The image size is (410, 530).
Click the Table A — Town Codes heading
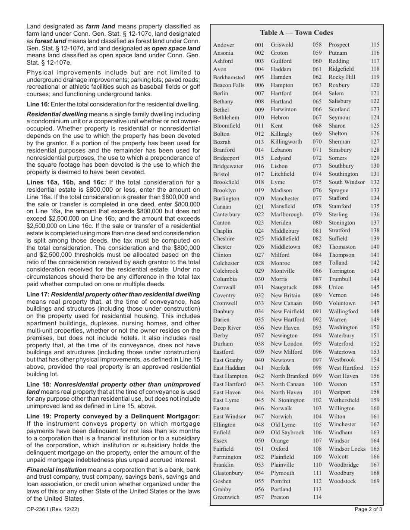pos(296,33)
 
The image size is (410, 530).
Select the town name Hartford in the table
pos(281,94)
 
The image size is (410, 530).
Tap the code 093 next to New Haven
pos(317,328)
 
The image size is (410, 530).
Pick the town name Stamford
pos(340,206)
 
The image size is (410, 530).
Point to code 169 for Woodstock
pos(375,481)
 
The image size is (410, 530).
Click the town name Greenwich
pos(226,497)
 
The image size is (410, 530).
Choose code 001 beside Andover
pos(259,45)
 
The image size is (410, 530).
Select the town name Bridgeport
pos(226,158)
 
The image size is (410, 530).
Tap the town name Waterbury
pos(341,336)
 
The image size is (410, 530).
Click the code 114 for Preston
pos(317,497)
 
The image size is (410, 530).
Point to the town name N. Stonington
pos(287,400)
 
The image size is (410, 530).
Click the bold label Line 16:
pos(38,104)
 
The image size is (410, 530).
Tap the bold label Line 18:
pos(38,384)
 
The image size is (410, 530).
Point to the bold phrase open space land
pos(176,49)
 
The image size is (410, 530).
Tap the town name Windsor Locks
pos(347,449)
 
